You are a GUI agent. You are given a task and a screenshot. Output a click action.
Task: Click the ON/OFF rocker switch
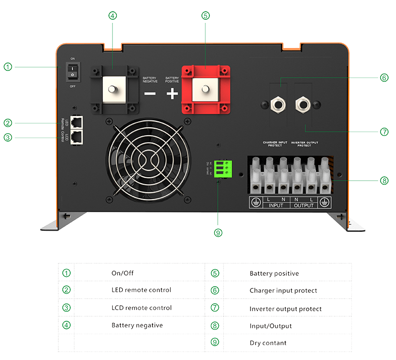pos(73,72)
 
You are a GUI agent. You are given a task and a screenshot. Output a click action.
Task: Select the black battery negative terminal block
pos(114,89)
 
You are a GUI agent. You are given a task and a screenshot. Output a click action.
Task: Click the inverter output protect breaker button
pos(301,104)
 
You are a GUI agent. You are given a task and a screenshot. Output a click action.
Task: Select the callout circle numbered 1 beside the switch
pos(7,66)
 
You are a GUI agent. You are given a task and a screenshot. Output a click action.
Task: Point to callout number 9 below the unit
pos(218,231)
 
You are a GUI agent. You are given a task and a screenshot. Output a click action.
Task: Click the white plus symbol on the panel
pos(171,94)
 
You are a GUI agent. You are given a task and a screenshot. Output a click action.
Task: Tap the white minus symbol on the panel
pos(150,94)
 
